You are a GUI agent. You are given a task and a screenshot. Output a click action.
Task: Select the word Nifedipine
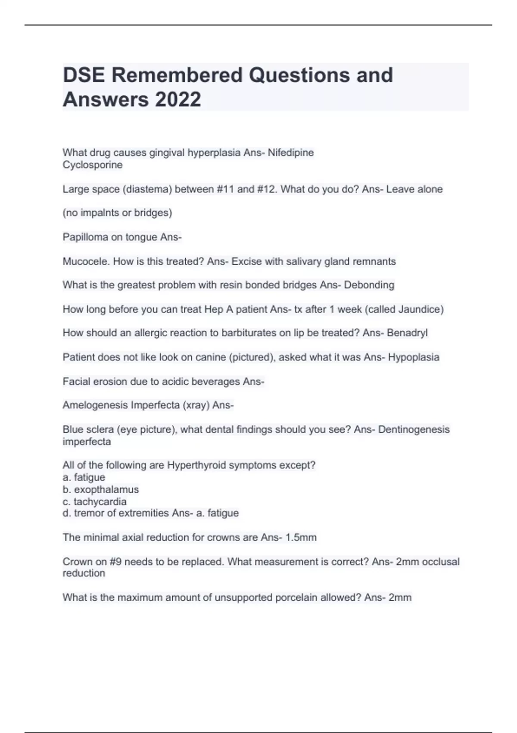(x=291, y=153)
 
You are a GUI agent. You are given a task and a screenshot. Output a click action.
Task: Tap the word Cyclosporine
(x=93, y=165)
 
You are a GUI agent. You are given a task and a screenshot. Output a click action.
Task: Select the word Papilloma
(x=85, y=237)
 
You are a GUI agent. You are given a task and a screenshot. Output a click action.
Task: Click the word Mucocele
(x=86, y=261)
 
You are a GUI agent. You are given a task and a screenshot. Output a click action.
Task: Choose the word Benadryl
(x=407, y=333)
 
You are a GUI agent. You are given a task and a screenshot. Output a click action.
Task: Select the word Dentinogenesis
(x=414, y=429)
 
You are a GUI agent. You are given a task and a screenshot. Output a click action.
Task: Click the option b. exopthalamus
(x=101, y=489)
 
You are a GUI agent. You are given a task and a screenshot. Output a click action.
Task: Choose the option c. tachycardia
(x=95, y=501)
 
